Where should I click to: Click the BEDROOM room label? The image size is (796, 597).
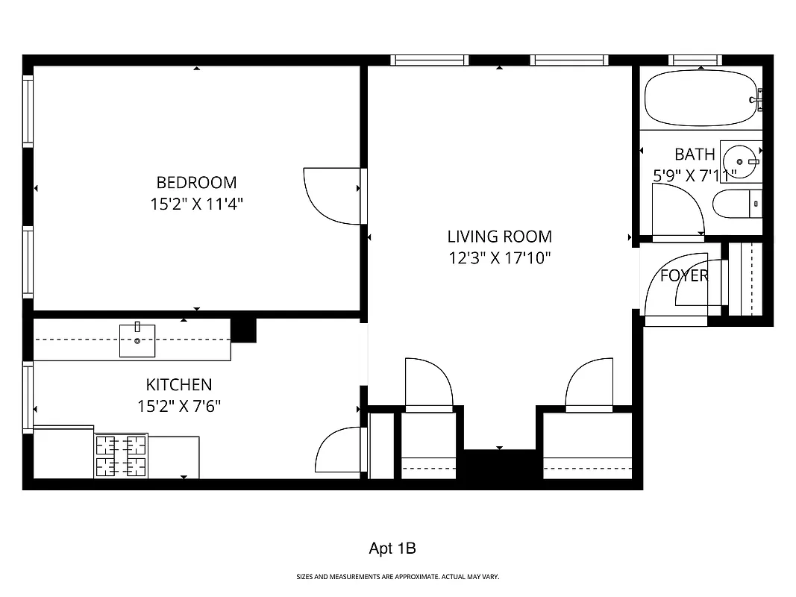click(196, 182)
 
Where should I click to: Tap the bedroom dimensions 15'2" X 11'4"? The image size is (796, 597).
click(196, 204)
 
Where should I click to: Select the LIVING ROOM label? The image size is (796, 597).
click(499, 237)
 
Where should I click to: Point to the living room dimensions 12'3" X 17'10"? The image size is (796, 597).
click(499, 258)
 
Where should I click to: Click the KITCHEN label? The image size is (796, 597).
click(178, 385)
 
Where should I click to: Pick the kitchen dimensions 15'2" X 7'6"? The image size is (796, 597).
click(178, 407)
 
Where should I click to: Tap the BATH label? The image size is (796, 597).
click(695, 154)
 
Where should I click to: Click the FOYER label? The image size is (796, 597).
click(684, 275)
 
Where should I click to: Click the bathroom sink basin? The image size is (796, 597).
click(740, 161)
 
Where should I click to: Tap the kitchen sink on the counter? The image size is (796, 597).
click(138, 340)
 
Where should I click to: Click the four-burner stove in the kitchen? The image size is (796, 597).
click(120, 455)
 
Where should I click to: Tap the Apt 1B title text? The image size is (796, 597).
click(392, 548)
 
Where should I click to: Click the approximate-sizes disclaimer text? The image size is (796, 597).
click(398, 577)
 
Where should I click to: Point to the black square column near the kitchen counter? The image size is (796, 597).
click(243, 330)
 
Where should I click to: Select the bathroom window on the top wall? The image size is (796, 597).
click(695, 60)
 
